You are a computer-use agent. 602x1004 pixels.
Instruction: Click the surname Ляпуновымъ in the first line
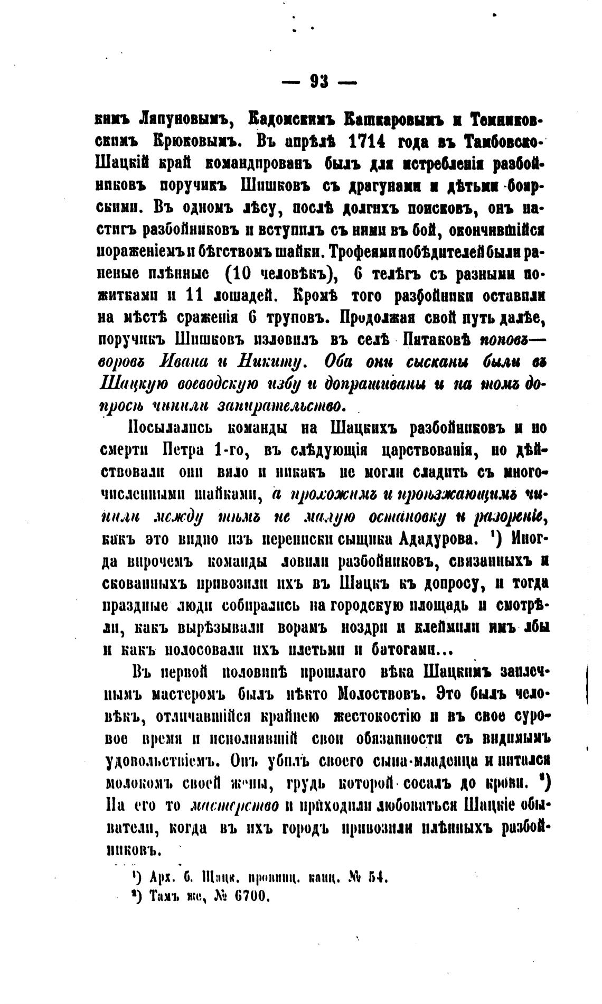pos(176,121)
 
